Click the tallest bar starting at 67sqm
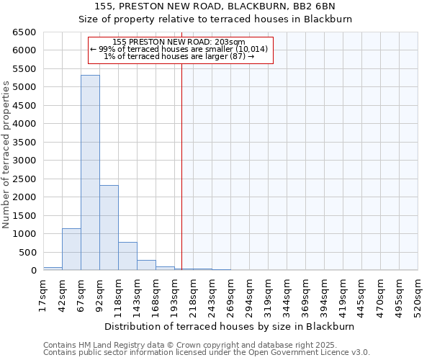pyautogui.click(x=90, y=173)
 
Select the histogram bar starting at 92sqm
pyautogui.click(x=109, y=228)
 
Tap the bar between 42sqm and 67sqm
pyautogui.click(x=71, y=249)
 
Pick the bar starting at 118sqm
pyautogui.click(x=127, y=256)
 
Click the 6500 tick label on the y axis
pyautogui.click(x=22, y=32)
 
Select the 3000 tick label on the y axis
pyautogui.click(x=22, y=161)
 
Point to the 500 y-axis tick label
pyautogui.click(x=27, y=252)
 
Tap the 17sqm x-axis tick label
pyautogui.click(x=43, y=295)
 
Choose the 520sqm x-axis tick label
pyautogui.click(x=418, y=295)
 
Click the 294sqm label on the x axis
pyautogui.click(x=249, y=295)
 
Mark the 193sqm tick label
pyautogui.click(x=174, y=295)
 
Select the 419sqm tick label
pyautogui.click(x=343, y=295)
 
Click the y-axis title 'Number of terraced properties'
pyautogui.click(x=6, y=155)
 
